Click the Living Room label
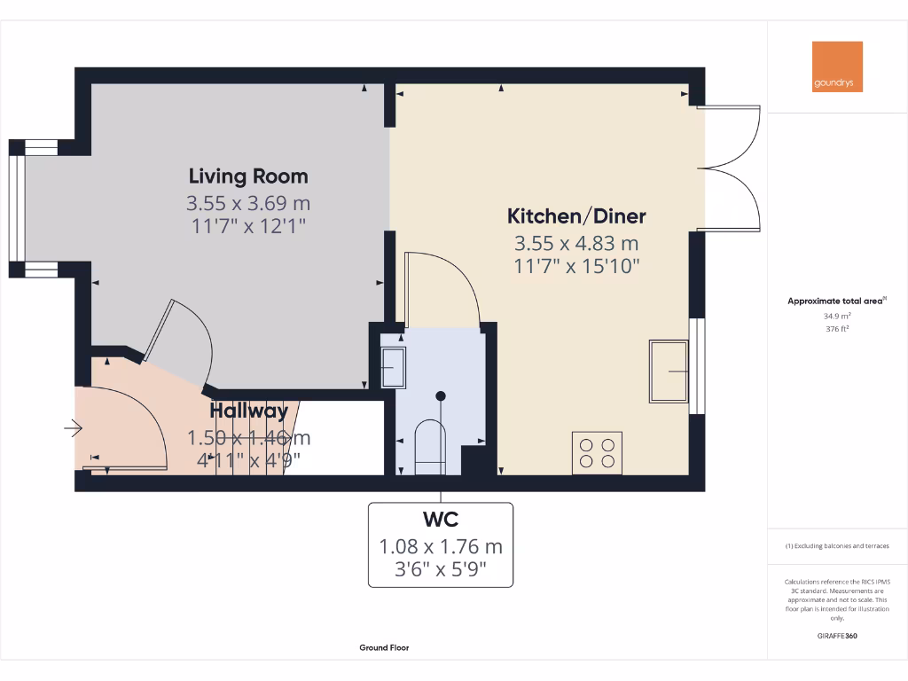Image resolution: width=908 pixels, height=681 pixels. point(248,176)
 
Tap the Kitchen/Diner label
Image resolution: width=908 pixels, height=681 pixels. point(576,215)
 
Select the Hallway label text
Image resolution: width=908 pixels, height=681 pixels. point(248,411)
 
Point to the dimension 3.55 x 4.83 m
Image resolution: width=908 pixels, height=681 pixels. point(576,243)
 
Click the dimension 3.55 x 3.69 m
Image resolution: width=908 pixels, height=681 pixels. point(248,203)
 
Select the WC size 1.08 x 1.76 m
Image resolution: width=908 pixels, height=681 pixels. point(441,546)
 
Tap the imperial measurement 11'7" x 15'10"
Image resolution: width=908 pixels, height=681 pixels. point(576,265)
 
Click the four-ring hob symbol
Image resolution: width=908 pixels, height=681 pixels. point(597,451)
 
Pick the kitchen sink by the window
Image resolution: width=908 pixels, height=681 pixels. point(669,371)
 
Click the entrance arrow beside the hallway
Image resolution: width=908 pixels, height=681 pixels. point(73,430)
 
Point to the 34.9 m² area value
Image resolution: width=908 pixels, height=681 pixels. point(837,315)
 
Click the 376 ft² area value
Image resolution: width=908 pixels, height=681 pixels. point(837,328)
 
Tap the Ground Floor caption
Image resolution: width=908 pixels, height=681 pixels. point(384,648)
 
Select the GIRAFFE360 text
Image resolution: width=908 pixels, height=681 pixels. point(837,636)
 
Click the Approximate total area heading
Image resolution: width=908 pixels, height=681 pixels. point(835,301)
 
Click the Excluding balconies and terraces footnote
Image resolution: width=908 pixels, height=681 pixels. point(837,546)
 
